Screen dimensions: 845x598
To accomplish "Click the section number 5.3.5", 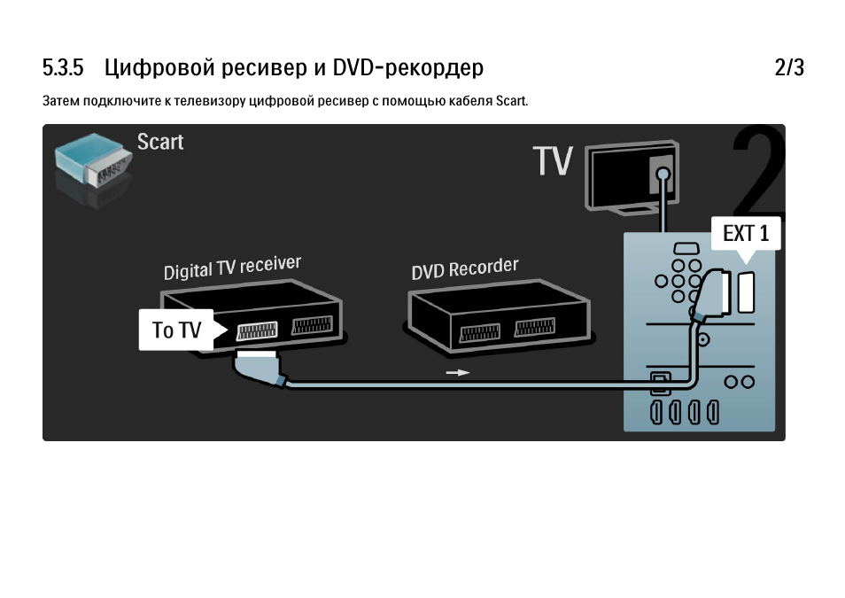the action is pos(63,68).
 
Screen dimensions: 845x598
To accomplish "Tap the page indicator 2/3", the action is pos(789,68).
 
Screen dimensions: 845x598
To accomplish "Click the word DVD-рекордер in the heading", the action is pos(408,68).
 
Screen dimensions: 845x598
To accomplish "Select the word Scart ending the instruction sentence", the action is pos(511,101).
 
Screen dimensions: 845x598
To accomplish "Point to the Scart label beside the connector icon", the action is pos(160,142).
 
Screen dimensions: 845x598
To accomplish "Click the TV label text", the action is pos(553,160).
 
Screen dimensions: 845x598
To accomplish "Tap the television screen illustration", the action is pos(632,175).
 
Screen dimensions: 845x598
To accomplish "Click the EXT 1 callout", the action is pos(746,234).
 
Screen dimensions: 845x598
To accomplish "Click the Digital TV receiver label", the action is pos(232,268).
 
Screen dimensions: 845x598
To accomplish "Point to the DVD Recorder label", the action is pos(465,268).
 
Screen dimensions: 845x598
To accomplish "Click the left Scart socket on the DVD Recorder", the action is pos(479,332).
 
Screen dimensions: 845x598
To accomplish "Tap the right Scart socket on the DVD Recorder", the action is pos(535,327).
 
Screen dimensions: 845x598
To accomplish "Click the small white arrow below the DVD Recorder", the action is pos(458,373).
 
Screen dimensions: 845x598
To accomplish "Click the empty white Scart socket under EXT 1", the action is pos(746,292).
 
